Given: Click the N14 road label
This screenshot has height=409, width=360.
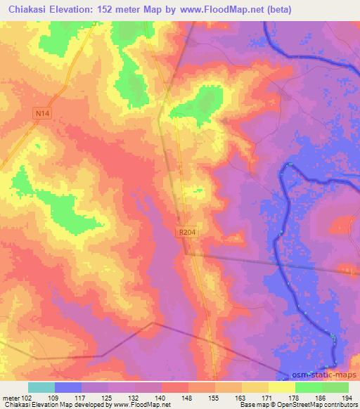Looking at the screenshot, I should (x=43, y=112).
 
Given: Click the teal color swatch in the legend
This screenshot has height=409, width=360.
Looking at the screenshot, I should (x=41, y=387).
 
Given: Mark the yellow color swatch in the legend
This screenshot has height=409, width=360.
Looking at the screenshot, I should (x=282, y=387).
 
